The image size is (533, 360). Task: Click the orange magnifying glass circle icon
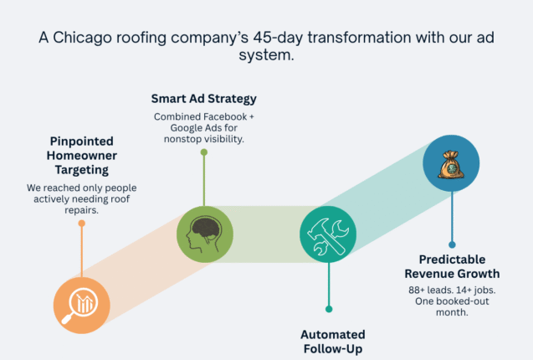click(81, 306)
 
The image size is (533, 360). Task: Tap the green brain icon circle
click(204, 234)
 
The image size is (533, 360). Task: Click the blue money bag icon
click(451, 164)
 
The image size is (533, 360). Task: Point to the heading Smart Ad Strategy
click(203, 99)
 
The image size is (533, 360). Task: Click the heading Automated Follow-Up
click(332, 342)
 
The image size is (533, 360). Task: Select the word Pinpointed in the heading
click(81, 141)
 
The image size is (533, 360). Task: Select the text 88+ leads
click(424, 290)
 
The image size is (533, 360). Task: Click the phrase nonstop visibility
click(203, 139)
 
